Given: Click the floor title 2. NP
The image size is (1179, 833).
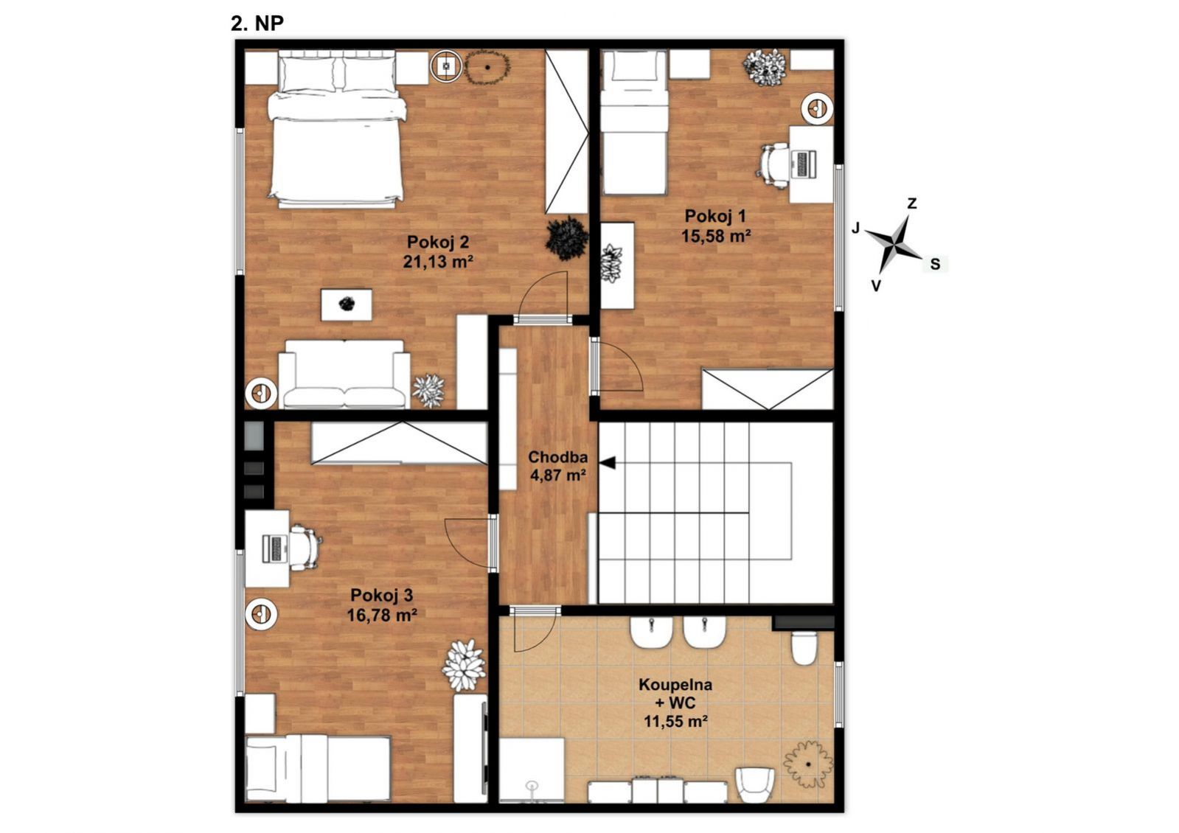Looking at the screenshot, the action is pos(257,23).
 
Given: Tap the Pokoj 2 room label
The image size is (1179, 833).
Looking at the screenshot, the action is pos(438,242).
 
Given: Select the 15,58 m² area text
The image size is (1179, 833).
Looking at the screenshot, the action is pos(716,237).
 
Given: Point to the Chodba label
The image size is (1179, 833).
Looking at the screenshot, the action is pos(558,457).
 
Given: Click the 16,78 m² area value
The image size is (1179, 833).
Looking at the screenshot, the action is pos(382,615).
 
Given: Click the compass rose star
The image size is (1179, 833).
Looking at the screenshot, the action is pos(894,244).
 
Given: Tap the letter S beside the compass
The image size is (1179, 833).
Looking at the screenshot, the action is pos(935,264).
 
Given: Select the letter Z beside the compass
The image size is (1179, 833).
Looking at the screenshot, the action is pos(912,203).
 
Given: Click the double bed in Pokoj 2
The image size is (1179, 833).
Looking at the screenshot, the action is pos(336,129).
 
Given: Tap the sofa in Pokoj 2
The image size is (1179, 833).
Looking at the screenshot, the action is pos(344,374).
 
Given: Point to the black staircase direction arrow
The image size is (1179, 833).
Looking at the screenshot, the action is pos(608,462).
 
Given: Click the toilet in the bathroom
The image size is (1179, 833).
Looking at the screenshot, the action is pos(804,648).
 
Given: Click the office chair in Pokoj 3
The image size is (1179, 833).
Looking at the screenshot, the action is pos(305,547).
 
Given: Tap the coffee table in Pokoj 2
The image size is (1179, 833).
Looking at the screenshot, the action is pos(347,304).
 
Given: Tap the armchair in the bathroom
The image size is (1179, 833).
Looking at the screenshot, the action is pos(755,784).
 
